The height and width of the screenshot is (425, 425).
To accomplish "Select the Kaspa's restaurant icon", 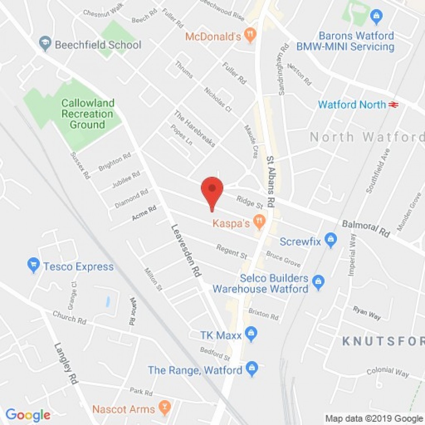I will point(259,222).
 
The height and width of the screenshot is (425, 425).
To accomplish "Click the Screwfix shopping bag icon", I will point(331,240).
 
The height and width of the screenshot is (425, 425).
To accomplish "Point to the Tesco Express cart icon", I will point(34,265).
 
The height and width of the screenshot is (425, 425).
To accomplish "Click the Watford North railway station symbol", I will point(393,104).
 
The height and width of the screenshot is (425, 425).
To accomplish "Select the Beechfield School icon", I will point(45,44).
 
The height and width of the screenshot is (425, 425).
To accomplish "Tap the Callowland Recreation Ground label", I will point(87,114).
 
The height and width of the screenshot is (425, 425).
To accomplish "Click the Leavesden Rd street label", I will point(186,251).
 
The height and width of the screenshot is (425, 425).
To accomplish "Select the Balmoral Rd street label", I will point(366,228).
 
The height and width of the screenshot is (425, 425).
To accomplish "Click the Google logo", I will point(28,415).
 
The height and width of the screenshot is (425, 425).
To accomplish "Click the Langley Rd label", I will point(66,364).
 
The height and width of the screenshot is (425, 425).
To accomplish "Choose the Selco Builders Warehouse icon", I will point(319,283).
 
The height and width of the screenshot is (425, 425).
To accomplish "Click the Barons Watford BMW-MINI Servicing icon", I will point(376,16).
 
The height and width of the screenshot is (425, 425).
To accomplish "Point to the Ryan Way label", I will point(367,313).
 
